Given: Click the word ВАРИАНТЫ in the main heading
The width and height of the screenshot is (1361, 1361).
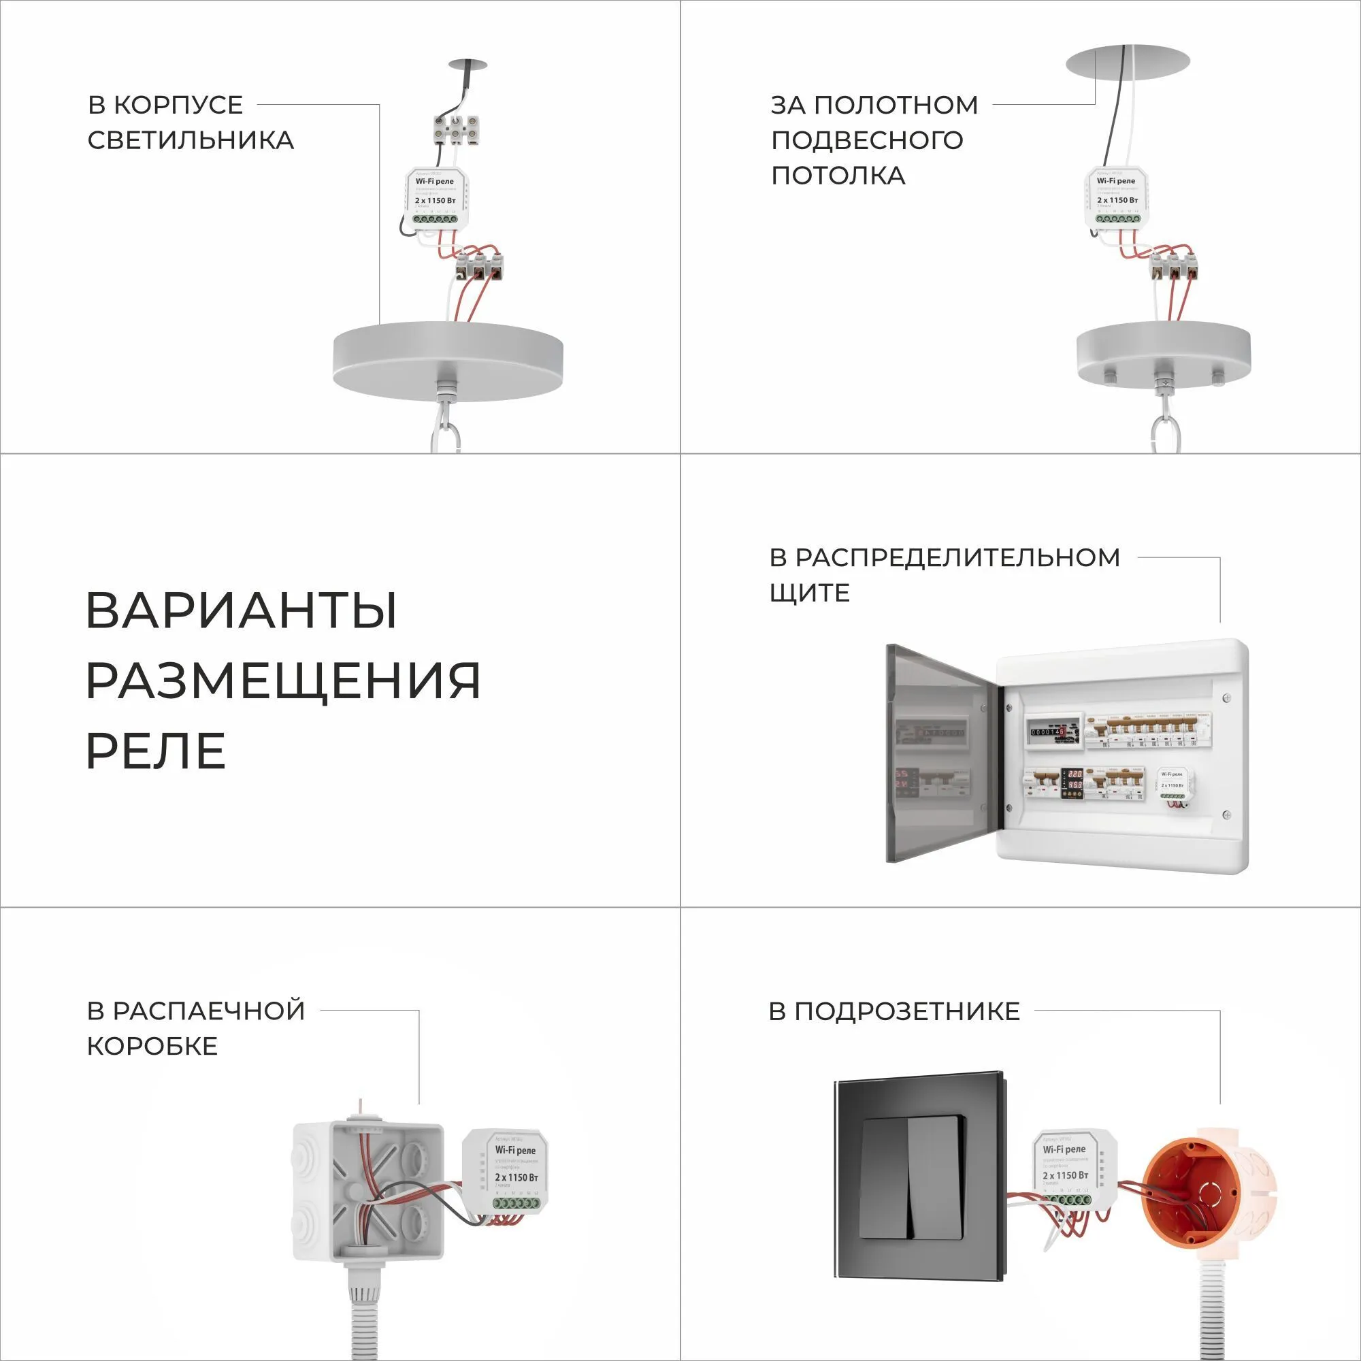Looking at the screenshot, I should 242,611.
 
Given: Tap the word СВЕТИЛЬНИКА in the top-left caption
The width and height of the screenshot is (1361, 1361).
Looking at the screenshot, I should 191,140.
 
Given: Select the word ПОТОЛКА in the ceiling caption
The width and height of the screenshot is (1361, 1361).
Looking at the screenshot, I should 838,176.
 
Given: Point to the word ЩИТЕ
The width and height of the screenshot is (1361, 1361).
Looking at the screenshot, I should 809,593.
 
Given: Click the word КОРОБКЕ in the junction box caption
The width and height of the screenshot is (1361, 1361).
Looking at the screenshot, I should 152,1046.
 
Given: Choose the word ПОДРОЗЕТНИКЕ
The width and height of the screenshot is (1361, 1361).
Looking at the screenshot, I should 907,1012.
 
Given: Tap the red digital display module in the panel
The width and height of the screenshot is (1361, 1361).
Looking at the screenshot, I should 1075,781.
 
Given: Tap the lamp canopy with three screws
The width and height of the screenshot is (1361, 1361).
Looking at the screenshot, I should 1163,356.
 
